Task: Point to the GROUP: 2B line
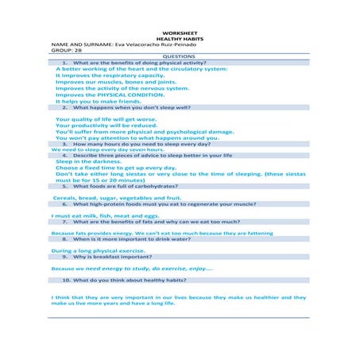coord(68,52)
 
